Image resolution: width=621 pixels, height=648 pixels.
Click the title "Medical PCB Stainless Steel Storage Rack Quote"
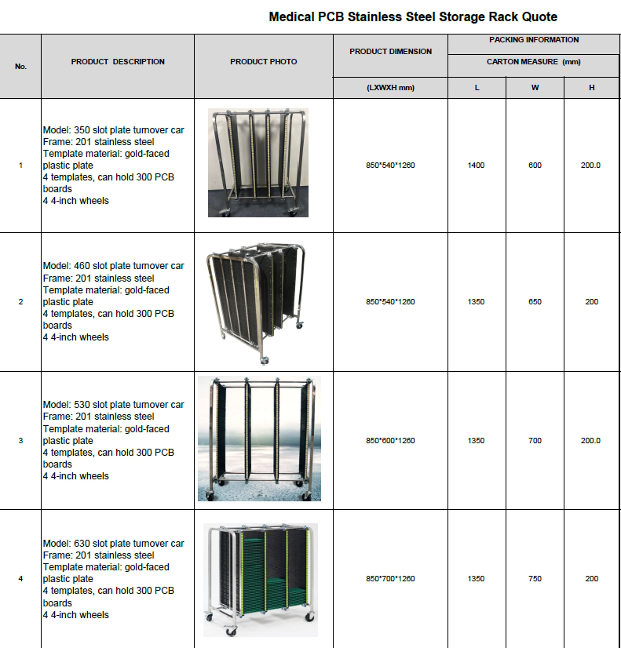[413, 16]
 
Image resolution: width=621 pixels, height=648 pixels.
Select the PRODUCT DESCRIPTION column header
[118, 62]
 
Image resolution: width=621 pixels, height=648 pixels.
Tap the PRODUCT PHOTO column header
[264, 62]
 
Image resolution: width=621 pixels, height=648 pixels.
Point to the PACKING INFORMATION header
[534, 40]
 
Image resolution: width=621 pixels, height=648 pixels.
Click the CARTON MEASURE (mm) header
[534, 62]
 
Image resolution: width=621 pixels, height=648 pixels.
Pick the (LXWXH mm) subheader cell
[390, 88]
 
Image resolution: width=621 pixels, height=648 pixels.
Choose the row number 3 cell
[20, 441]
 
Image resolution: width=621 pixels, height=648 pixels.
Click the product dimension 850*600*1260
[390, 441]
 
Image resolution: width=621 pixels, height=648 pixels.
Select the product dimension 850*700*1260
[390, 579]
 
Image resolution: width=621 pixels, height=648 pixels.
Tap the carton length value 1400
[476, 166]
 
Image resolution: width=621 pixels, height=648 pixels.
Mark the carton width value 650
[535, 302]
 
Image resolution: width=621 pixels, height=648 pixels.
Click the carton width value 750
[535, 579]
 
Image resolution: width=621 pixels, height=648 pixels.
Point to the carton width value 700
[535, 441]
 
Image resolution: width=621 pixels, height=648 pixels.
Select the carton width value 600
[535, 166]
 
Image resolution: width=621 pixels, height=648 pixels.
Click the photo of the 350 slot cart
[258, 163]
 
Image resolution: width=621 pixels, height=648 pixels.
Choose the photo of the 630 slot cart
[260, 579]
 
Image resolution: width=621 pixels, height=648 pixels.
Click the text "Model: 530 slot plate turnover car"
[113, 405]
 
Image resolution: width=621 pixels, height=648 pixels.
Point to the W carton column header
[535, 88]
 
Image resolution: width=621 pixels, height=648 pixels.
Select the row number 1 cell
[20, 166]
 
